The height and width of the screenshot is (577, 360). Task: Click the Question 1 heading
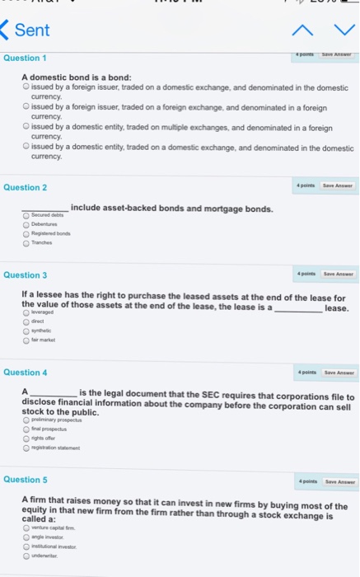(x=25, y=58)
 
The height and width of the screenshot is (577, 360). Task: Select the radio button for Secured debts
(x=26, y=214)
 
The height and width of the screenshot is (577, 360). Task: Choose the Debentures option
(x=26, y=223)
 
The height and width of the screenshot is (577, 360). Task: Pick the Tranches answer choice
(x=26, y=242)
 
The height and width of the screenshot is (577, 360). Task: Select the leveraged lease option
(x=26, y=313)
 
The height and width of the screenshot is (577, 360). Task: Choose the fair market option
(x=26, y=340)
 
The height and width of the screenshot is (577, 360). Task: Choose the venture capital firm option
(x=26, y=528)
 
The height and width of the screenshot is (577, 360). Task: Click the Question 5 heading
(x=25, y=479)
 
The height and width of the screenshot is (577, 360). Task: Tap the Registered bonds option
(x=26, y=232)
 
